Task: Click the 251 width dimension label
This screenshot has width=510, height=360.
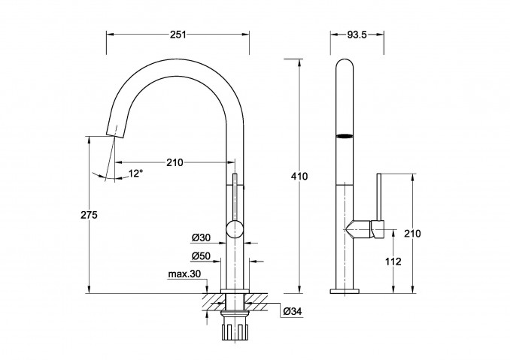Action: pyautogui.click(x=178, y=35)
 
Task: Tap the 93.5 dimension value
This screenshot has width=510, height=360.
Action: pyautogui.click(x=357, y=35)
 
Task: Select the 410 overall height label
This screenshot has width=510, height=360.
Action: pyautogui.click(x=299, y=177)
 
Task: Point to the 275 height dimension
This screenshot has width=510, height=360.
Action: pyautogui.click(x=89, y=215)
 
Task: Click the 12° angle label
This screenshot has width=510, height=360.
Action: pyautogui.click(x=135, y=174)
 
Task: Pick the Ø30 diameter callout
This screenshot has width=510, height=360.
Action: pyautogui.click(x=201, y=237)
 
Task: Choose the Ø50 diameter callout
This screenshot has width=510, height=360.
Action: pyautogui.click(x=201, y=256)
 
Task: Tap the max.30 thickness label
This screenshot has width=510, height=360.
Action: pyautogui.click(x=184, y=274)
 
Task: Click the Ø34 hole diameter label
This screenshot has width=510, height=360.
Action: pyautogui.click(x=293, y=311)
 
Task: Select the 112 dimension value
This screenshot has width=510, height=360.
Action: pyautogui.click(x=393, y=262)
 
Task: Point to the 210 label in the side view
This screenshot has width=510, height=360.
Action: pyautogui.click(x=412, y=233)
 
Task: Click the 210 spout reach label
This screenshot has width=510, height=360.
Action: pyautogui.click(x=175, y=162)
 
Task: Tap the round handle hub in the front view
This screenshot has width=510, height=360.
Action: pyautogui.click(x=235, y=229)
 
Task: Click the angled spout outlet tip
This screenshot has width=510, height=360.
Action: pyautogui.click(x=115, y=132)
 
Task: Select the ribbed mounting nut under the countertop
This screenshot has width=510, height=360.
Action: pyautogui.click(x=235, y=328)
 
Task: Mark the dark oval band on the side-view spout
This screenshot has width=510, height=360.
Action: pyautogui.click(x=344, y=137)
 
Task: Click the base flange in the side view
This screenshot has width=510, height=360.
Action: pyautogui.click(x=345, y=291)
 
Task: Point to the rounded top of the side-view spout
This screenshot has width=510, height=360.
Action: pyautogui.click(x=344, y=64)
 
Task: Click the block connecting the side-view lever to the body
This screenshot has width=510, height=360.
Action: pyautogui.click(x=378, y=229)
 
